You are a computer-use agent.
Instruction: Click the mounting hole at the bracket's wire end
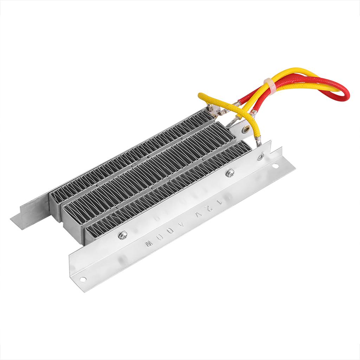275,165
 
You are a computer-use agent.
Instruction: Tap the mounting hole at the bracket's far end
83,279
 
